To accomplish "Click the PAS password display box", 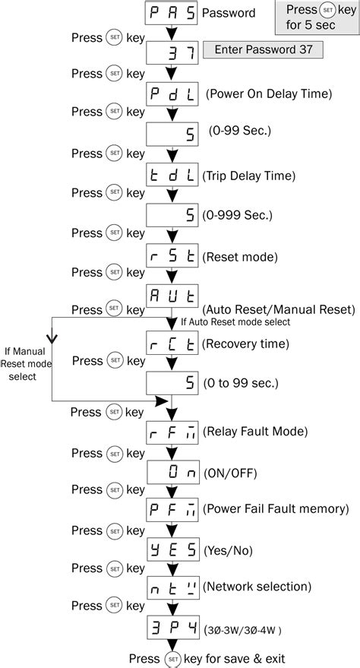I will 172,13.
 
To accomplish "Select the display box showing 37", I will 172,52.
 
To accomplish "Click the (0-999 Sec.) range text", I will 237,215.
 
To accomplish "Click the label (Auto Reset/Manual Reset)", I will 279,309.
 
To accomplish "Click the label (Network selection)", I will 257,586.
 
